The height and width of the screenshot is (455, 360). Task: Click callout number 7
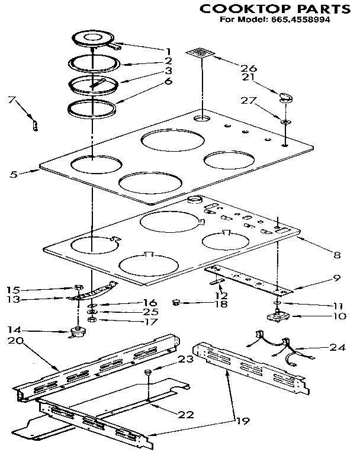click(x=11, y=100)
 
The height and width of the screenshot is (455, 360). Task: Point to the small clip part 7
click(x=35, y=125)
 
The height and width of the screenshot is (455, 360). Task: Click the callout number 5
click(x=13, y=174)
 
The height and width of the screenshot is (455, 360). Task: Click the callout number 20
click(x=16, y=341)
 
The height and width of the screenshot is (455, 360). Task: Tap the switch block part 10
click(x=277, y=316)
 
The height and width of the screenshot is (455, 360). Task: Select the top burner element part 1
click(x=94, y=39)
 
